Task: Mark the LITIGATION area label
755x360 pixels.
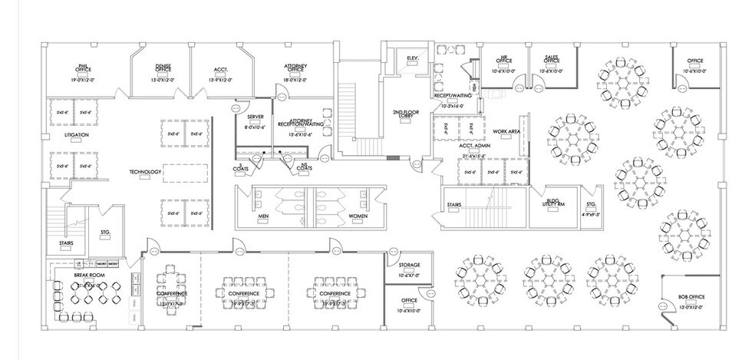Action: click(76, 135)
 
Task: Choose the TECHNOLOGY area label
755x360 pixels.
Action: click(145, 172)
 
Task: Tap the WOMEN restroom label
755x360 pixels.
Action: click(358, 216)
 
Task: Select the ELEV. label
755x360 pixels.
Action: click(411, 58)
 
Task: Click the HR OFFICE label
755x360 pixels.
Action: click(504, 60)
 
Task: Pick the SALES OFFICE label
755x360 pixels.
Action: click(550, 60)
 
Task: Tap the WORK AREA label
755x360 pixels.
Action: click(506, 131)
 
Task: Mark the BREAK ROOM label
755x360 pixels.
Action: click(88, 274)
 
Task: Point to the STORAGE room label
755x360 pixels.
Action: click(409, 265)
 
